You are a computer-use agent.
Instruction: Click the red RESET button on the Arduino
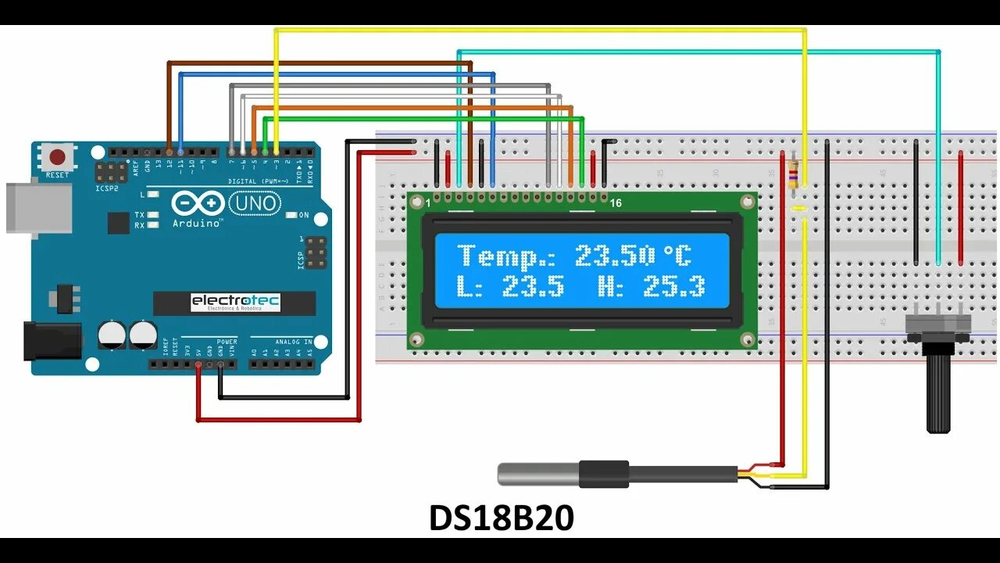tap(57, 155)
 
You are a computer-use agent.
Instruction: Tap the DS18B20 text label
tap(501, 518)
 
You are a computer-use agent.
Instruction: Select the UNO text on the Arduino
tap(255, 204)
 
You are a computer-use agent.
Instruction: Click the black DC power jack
tap(52, 341)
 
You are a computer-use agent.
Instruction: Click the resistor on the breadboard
tap(795, 177)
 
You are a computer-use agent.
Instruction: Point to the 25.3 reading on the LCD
tap(673, 287)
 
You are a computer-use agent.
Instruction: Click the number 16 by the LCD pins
tap(616, 203)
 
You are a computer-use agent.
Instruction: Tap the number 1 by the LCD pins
tap(428, 203)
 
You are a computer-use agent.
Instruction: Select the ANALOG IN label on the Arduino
tap(293, 342)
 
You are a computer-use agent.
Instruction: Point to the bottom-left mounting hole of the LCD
tap(417, 339)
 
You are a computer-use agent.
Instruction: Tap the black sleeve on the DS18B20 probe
tap(603, 473)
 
